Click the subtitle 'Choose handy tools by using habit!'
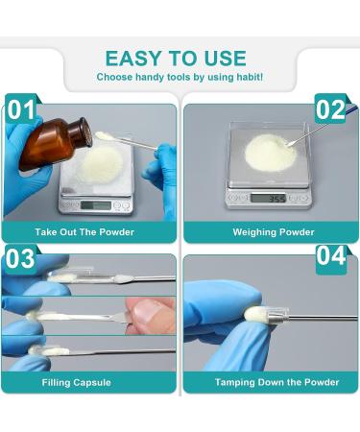(180, 77)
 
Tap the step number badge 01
(20, 109)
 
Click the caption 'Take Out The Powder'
(84, 232)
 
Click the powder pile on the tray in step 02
(264, 150)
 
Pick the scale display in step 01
(94, 204)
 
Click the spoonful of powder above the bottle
(104, 136)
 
